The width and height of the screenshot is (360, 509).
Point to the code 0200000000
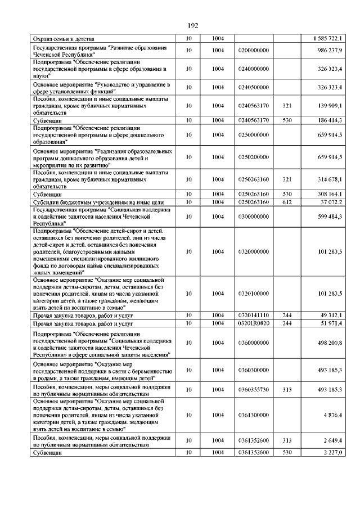coord(253,50)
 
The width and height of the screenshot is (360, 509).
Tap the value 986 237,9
coord(330,50)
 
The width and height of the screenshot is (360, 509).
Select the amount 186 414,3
coord(330,120)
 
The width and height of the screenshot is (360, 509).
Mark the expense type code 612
coord(286,201)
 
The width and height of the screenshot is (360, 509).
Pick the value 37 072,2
coord(331,201)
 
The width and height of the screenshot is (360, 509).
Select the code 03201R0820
coord(253,324)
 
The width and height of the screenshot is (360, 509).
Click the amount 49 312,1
coord(331,316)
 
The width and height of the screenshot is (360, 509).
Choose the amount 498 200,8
coord(330,343)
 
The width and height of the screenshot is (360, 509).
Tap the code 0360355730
coord(253,389)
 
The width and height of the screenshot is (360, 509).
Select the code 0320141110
coord(253,316)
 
